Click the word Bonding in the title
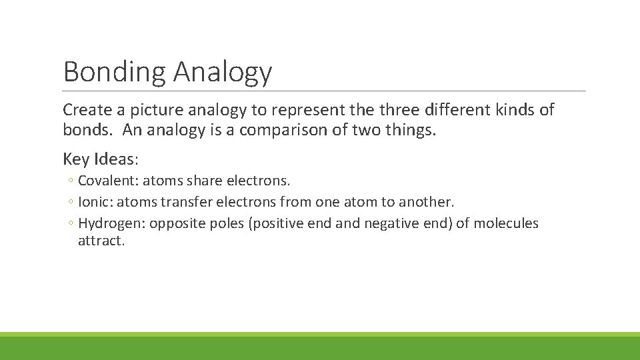click(114, 72)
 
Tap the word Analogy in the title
click(223, 72)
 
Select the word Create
click(85, 109)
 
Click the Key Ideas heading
click(101, 159)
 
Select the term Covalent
click(104, 181)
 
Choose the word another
click(426, 202)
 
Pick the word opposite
click(175, 223)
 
